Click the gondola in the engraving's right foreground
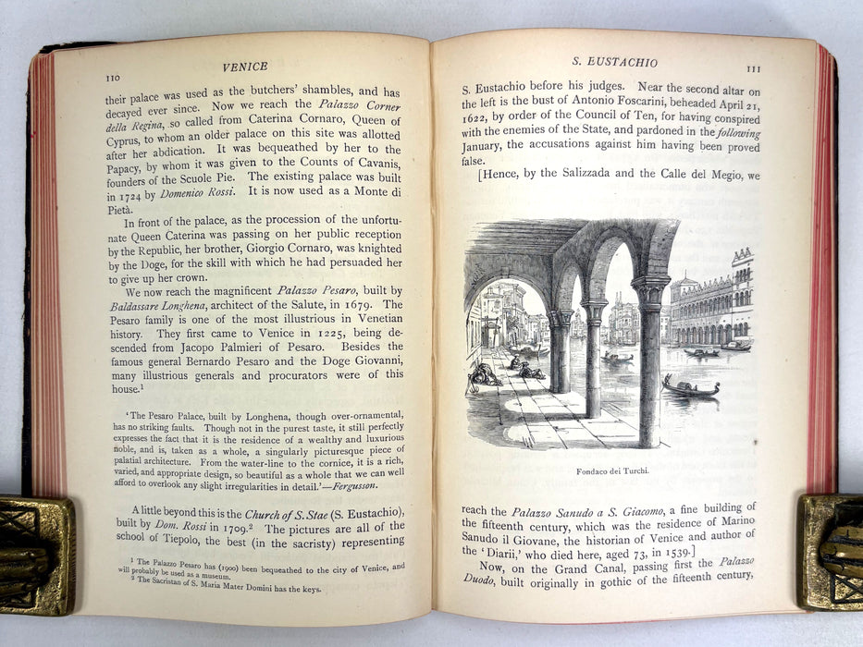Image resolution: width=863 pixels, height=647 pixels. click(x=689, y=387)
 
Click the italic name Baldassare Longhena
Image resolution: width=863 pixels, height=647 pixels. click(x=142, y=305)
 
